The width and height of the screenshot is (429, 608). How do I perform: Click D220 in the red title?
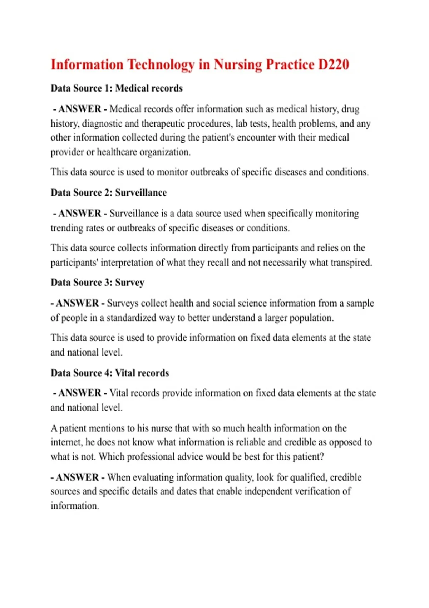pos(334,65)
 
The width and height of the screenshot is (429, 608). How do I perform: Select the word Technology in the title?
pos(161,65)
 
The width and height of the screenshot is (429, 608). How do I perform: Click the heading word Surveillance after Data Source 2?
pos(141,193)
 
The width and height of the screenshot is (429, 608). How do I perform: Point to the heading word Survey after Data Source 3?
pos(129,283)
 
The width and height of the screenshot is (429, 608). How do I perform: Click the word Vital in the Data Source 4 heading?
pos(125,373)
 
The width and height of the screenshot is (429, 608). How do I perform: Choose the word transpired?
pos(351,263)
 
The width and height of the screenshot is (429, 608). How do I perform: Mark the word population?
pos(311,318)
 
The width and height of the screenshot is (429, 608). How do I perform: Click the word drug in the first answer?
pos(350,109)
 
